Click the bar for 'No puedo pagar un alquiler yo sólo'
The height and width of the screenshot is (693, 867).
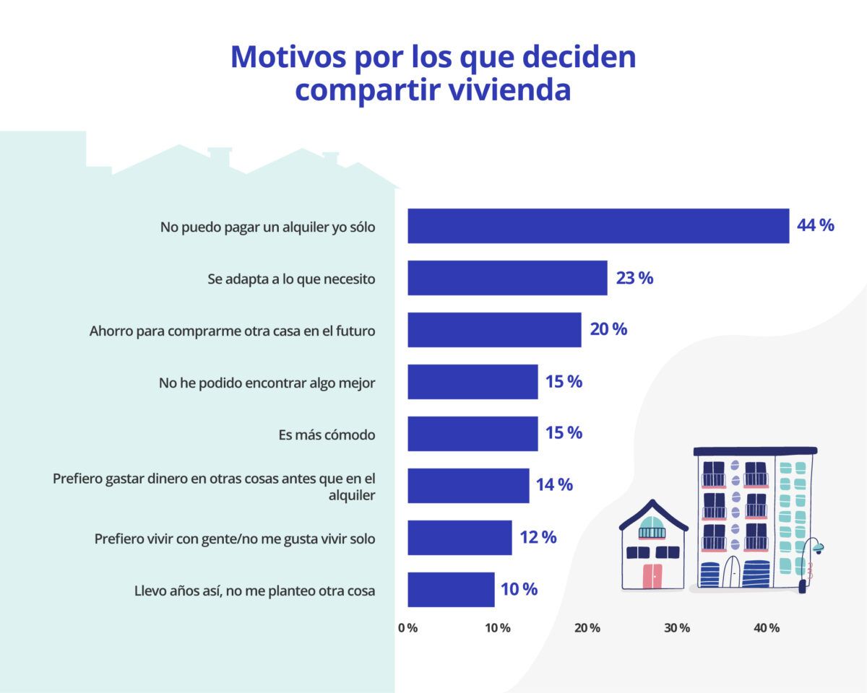pos(598,226)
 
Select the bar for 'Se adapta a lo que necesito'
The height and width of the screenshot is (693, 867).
pos(507,278)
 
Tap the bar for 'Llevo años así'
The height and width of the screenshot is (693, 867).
pos(451,590)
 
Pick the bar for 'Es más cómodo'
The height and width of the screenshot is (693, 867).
pos(473,434)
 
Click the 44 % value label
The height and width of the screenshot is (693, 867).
pos(815,225)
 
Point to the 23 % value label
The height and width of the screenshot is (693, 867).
pos(634,278)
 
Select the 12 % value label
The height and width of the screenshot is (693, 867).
pos(538,537)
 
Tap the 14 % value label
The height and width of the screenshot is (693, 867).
pos(554,485)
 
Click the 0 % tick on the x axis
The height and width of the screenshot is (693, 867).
pos(408,628)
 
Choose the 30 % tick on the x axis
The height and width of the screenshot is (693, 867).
pos(677,628)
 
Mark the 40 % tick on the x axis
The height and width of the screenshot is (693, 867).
pos(767,628)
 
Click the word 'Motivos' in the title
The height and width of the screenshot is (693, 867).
pos(288,57)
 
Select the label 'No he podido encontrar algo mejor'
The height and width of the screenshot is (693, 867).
pos(267,383)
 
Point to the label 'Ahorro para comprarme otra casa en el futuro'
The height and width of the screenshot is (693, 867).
pos(232,331)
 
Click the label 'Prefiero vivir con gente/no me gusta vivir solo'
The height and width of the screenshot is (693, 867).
pos(235,539)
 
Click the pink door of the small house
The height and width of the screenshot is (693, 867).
pos(652,575)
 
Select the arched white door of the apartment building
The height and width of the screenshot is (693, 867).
pos(731,571)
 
